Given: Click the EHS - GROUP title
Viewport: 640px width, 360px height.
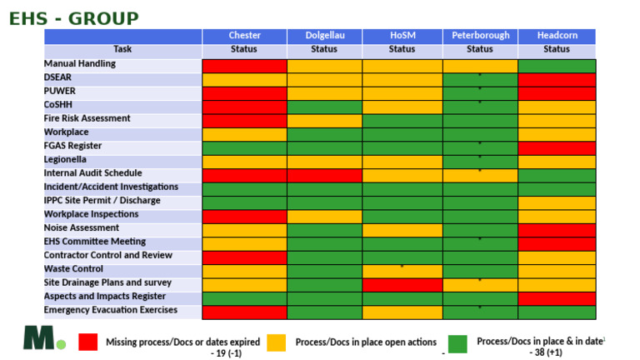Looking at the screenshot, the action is click(x=74, y=19).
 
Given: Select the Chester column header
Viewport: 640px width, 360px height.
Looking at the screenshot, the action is click(x=244, y=36).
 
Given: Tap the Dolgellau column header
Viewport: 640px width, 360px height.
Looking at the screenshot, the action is click(x=325, y=36).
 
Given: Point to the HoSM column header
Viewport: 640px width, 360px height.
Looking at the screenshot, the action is click(x=402, y=36).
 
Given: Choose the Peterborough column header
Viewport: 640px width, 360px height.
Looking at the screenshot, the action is click(x=480, y=36).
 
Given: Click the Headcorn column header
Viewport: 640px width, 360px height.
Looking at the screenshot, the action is click(x=557, y=36).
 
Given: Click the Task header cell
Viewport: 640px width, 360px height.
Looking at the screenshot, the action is click(x=122, y=49).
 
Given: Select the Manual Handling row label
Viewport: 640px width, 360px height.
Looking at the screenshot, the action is click(x=80, y=63).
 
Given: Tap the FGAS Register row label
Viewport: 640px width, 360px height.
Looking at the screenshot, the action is click(x=72, y=146).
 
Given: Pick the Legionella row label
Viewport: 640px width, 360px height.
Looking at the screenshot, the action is click(x=65, y=160).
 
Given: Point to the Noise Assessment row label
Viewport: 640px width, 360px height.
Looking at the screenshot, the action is click(x=82, y=227).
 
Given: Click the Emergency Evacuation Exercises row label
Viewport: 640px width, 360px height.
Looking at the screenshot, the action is click(x=111, y=310).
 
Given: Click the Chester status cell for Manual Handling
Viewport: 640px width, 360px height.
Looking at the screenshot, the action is click(x=244, y=66).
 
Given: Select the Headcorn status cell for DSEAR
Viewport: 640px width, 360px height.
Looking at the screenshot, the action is click(x=557, y=80).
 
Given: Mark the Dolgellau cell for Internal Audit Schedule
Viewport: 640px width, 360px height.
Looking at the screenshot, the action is click(x=324, y=176).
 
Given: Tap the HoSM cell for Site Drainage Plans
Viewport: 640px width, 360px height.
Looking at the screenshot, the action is click(x=402, y=285).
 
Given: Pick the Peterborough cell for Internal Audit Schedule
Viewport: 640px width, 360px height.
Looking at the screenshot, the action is click(x=480, y=176).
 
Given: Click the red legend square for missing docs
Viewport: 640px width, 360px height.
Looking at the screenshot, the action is click(x=88, y=342).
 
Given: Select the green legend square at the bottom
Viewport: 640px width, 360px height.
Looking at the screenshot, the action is click(x=457, y=344).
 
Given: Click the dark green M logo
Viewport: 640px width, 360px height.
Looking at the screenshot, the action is click(x=39, y=337).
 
